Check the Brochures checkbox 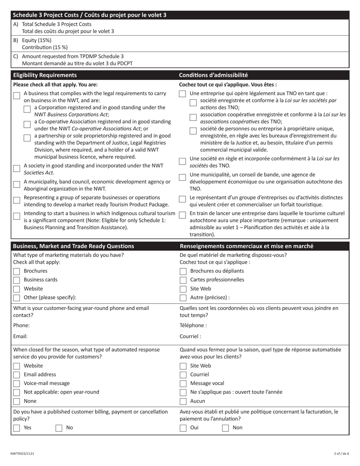17,271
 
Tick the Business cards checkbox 17,280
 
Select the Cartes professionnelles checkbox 183,280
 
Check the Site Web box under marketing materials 183,289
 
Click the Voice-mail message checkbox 17,384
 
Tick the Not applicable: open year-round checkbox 17,393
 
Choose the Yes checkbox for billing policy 17,428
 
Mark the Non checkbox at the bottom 225,428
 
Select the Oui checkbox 183,428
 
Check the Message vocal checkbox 183,384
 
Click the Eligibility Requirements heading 45,75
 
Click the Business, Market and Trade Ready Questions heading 74,246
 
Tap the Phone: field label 21,325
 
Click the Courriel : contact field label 190,336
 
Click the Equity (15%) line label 36,40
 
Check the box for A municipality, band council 17,185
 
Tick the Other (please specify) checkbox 17,297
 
